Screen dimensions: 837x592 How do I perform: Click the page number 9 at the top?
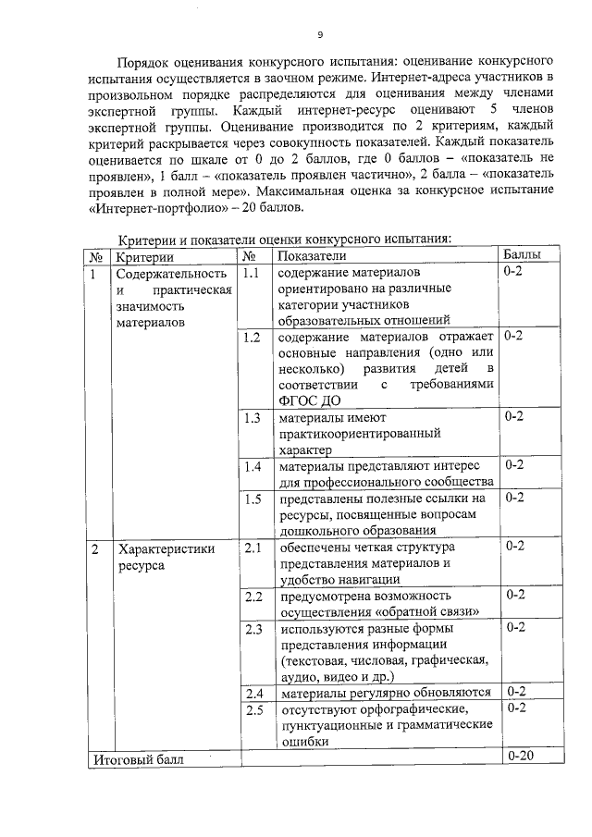coord(319,35)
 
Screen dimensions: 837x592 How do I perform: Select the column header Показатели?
coord(312,254)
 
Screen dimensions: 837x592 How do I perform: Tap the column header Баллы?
coord(521,254)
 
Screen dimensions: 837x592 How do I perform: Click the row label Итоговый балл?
coord(138,759)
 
